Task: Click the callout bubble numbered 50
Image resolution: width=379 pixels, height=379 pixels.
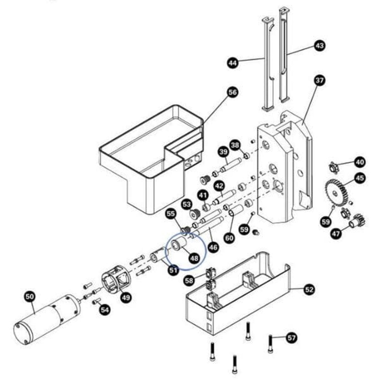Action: coord(29,297)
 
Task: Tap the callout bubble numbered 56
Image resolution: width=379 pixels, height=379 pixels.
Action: coord(232,92)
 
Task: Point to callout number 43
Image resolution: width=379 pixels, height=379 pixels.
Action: coord(320,46)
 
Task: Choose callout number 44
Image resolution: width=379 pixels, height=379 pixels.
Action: coord(232,63)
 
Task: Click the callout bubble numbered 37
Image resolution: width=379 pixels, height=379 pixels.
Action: coord(320,81)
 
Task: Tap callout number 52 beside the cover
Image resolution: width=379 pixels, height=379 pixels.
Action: coord(309,289)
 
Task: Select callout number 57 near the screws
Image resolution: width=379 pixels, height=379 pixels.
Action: coord(292,338)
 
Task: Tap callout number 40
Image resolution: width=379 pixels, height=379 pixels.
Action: coord(360,162)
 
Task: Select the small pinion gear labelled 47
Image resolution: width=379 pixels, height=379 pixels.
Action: coord(356,220)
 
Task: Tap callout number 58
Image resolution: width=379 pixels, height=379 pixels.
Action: coord(189,280)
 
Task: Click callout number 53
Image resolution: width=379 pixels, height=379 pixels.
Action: coord(187,204)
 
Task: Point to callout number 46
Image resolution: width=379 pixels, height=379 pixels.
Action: coord(213,246)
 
